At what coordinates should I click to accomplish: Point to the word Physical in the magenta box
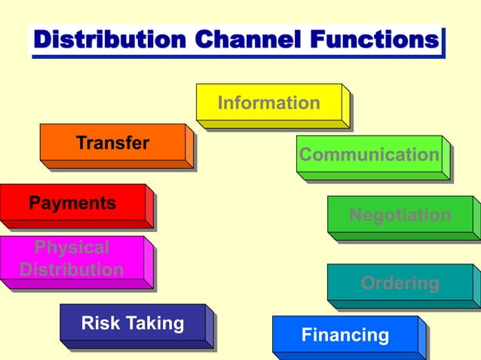(x=72, y=247)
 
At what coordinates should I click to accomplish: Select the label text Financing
(x=345, y=335)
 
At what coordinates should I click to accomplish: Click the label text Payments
(x=72, y=203)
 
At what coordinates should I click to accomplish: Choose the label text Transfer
(x=112, y=142)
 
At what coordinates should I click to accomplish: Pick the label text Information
(x=269, y=102)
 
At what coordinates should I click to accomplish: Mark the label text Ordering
(x=400, y=283)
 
